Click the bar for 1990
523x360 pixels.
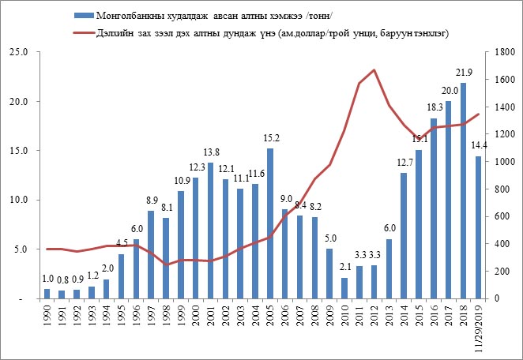[x=47, y=294]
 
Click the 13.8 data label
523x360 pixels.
[x=210, y=152]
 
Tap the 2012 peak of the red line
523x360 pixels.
[x=374, y=70]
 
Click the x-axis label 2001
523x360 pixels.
[x=210, y=317]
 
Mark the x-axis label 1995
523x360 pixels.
[x=121, y=317]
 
